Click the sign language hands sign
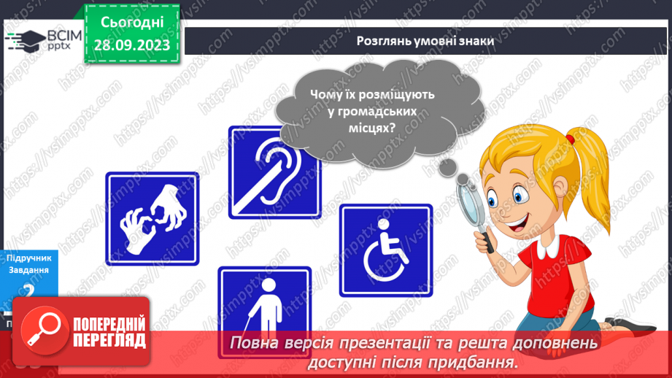pyautogui.click(x=152, y=218)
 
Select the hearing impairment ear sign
pyautogui.click(x=275, y=172)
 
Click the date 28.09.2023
pyautogui.click(x=131, y=45)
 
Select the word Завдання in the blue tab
pyautogui.click(x=28, y=270)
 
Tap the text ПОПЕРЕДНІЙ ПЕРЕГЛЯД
pyautogui.click(x=109, y=332)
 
